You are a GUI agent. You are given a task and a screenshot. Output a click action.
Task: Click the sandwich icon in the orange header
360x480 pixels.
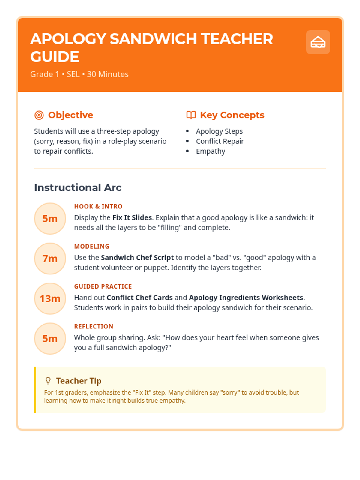point(318,42)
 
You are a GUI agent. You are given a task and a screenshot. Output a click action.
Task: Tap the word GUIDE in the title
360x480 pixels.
point(55,57)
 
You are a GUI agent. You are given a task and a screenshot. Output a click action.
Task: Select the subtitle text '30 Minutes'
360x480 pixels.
point(108,74)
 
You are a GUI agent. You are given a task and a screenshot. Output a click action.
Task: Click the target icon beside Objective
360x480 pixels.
point(39,115)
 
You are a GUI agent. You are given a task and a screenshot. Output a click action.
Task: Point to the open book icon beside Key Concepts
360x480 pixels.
point(191,115)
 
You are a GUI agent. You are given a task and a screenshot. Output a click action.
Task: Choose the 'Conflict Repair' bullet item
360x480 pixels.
point(220,141)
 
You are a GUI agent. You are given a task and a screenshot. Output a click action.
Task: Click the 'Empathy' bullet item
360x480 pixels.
point(211,151)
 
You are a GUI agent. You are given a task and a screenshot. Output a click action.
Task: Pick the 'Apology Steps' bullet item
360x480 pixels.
point(219,131)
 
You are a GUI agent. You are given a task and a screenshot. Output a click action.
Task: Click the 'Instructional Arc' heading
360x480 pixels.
point(78,188)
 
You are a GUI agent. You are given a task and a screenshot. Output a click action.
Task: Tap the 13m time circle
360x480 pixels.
point(50,299)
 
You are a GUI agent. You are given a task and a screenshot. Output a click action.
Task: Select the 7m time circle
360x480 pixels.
point(50,259)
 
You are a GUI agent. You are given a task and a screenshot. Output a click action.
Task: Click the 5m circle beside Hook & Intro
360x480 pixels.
point(50,219)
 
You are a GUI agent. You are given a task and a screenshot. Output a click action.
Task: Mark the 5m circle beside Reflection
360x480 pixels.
point(50,339)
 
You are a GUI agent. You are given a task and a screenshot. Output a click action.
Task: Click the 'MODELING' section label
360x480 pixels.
point(92,247)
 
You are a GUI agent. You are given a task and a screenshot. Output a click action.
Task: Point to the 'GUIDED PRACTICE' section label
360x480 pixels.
point(103,286)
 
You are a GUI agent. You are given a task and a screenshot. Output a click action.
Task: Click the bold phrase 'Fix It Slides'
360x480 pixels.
point(132,218)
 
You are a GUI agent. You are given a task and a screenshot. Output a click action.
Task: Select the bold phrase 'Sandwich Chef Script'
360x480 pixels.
point(137,258)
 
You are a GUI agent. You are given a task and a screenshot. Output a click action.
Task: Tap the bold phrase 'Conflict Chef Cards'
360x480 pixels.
point(140,298)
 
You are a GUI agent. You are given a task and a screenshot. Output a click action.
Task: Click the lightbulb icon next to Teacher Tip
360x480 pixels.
point(48,381)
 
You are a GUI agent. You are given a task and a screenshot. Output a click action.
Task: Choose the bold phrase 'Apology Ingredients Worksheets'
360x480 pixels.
point(246,298)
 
